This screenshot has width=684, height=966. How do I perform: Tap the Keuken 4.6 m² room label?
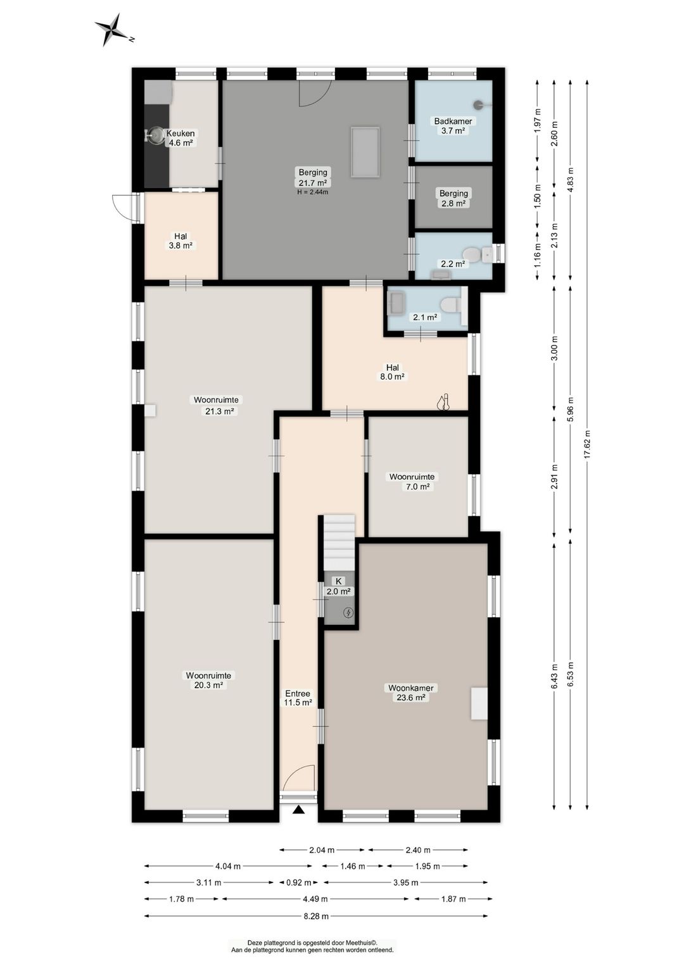click(180, 138)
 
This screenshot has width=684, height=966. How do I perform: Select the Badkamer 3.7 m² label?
click(453, 126)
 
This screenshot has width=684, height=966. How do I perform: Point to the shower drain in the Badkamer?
click(479, 104)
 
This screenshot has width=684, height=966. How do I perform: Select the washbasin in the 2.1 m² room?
click(396, 299)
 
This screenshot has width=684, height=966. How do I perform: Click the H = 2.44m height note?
click(312, 192)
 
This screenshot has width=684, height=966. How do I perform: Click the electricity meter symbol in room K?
click(348, 612)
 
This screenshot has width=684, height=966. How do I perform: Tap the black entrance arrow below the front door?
click(298, 810)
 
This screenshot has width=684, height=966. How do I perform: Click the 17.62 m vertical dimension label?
click(587, 444)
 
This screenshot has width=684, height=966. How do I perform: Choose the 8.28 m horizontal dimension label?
click(316, 916)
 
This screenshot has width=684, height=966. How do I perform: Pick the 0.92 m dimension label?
click(298, 883)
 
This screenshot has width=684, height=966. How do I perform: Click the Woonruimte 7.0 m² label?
click(412, 482)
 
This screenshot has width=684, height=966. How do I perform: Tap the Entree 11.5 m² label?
click(298, 698)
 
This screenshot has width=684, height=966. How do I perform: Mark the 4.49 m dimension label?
click(315, 899)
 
